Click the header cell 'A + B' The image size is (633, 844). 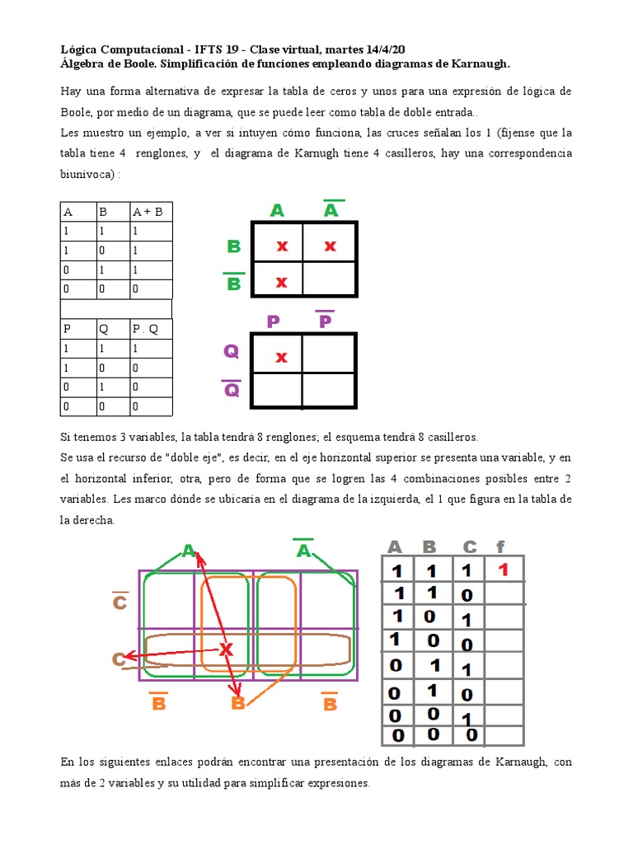pyautogui.click(x=148, y=212)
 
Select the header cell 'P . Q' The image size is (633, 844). pyautogui.click(x=145, y=328)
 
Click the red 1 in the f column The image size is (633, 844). pyautogui.click(x=503, y=570)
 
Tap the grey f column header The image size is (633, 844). pyautogui.click(x=500, y=546)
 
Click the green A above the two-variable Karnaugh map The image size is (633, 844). pyautogui.click(x=277, y=211)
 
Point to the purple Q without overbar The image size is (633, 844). pyautogui.click(x=232, y=352)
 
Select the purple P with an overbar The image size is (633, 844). pyautogui.click(x=325, y=320)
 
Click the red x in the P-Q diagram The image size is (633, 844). pyautogui.click(x=281, y=357)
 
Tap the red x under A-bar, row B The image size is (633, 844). pyautogui.click(x=330, y=246)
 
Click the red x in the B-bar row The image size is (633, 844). pyautogui.click(x=281, y=282)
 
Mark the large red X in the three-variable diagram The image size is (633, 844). pyautogui.click(x=226, y=650)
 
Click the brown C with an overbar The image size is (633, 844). pyautogui.click(x=120, y=603)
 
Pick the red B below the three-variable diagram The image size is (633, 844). pyautogui.click(x=238, y=703)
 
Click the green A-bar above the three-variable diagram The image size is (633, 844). pyautogui.click(x=303, y=550)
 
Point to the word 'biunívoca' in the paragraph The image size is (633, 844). pyautogui.click(x=88, y=174)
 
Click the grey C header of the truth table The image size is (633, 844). pyautogui.click(x=469, y=546)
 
